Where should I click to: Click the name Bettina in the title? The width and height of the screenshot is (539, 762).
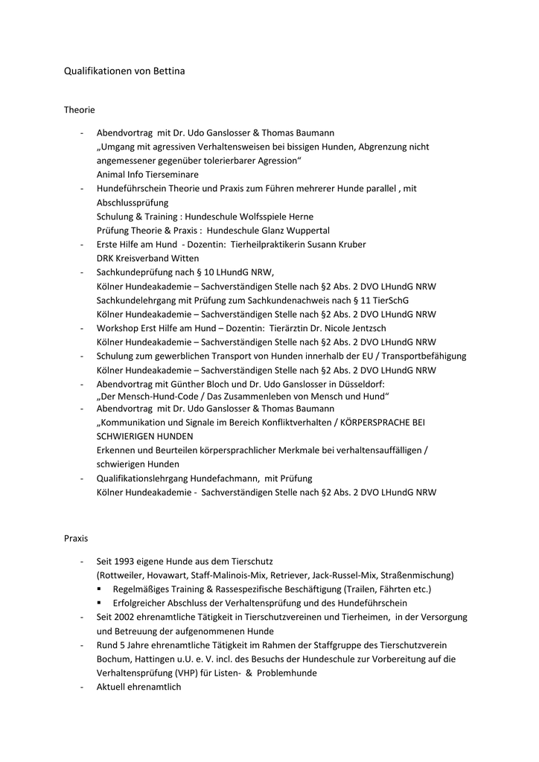(168, 71)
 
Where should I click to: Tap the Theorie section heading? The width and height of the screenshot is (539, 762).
(79, 110)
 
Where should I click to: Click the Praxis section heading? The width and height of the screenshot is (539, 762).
(76, 537)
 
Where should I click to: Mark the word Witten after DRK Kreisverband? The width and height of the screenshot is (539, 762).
(185, 258)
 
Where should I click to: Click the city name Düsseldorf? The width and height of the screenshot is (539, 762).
(359, 384)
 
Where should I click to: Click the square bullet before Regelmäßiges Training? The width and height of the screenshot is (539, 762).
(100, 589)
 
